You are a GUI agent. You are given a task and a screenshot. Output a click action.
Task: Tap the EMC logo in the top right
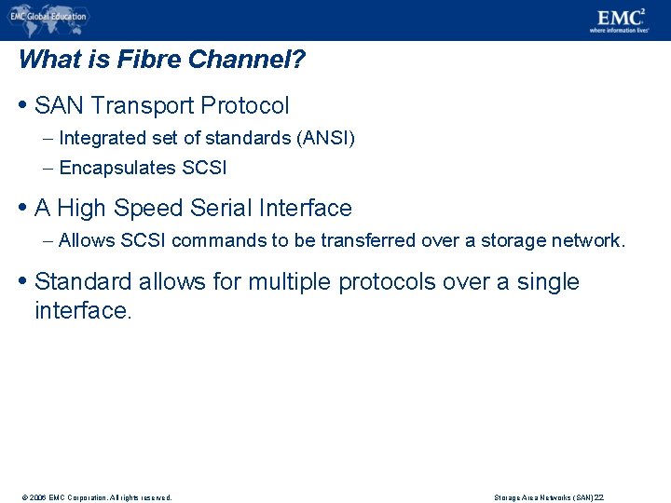coord(622,17)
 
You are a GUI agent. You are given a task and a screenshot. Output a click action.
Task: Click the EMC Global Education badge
coord(48,17)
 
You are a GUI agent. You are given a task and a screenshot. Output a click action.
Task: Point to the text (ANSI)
coord(324,139)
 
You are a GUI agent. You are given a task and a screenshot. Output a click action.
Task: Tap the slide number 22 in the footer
coord(599,497)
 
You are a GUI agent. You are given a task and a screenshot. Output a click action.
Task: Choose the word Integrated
coord(100,139)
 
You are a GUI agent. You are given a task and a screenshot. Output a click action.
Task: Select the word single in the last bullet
coord(548,282)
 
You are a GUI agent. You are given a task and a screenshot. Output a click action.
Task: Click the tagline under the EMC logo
coord(619,30)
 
